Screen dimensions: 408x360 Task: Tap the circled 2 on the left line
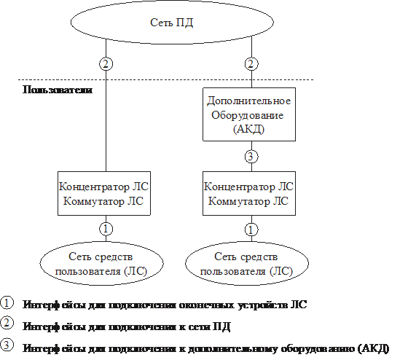[106, 64]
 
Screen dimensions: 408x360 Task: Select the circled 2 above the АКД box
[251, 64]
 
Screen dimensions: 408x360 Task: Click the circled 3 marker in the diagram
[251, 157]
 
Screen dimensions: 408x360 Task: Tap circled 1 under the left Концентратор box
[106, 229]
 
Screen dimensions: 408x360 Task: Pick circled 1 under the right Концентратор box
[251, 230]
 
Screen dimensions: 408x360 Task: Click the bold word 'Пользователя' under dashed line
[58, 90]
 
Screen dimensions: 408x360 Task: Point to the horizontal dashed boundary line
[166, 79]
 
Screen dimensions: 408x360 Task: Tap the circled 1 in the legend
[7, 303]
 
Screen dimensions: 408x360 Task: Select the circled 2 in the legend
[7, 323]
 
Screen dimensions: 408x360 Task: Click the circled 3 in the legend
[7, 345]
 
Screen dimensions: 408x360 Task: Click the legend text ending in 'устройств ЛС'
[165, 305]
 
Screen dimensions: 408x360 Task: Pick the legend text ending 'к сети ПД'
[127, 326]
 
